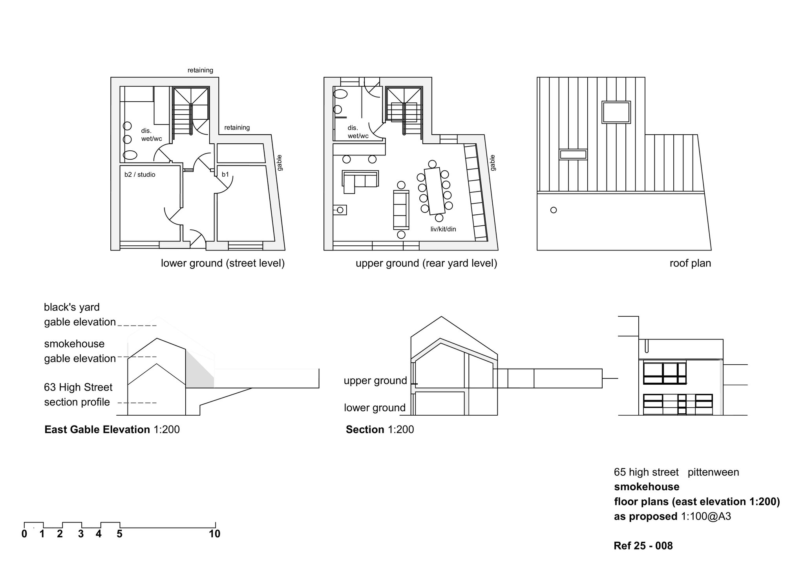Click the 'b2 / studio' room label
(140, 174)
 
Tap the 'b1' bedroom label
(225, 174)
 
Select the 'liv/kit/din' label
(443, 229)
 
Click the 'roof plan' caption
(690, 263)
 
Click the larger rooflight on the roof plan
(616, 112)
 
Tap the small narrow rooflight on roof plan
(573, 154)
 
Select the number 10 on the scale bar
(214, 534)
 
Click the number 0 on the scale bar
(24, 534)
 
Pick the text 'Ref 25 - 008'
(643, 546)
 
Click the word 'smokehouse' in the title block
(647, 487)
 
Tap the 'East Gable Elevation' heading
(97, 429)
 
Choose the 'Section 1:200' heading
(380, 429)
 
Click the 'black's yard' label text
(72, 307)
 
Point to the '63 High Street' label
(78, 387)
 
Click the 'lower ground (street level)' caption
(223, 263)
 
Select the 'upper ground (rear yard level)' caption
(426, 263)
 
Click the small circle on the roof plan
(554, 210)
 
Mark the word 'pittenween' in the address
(713, 472)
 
